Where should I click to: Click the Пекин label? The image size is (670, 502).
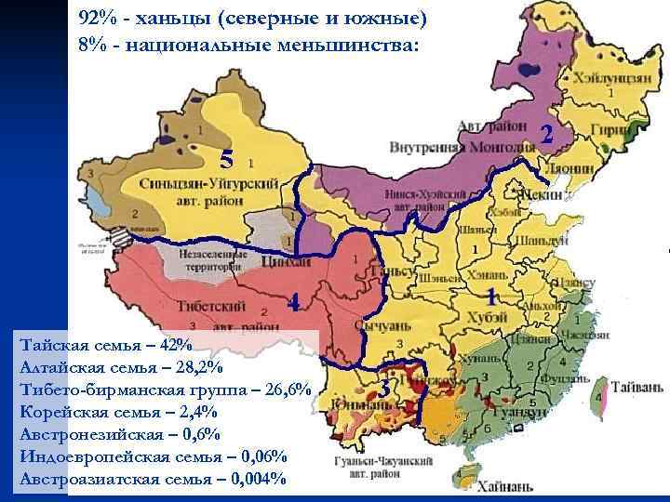(x=541, y=195)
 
